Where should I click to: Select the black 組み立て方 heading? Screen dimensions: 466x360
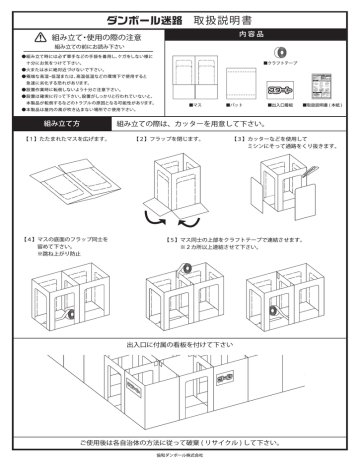tap(42, 123)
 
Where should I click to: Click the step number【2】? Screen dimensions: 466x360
tap(142, 139)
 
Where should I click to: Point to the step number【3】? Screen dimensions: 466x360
tap(239, 139)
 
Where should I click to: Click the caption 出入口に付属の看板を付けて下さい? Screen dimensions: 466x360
tap(180, 343)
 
